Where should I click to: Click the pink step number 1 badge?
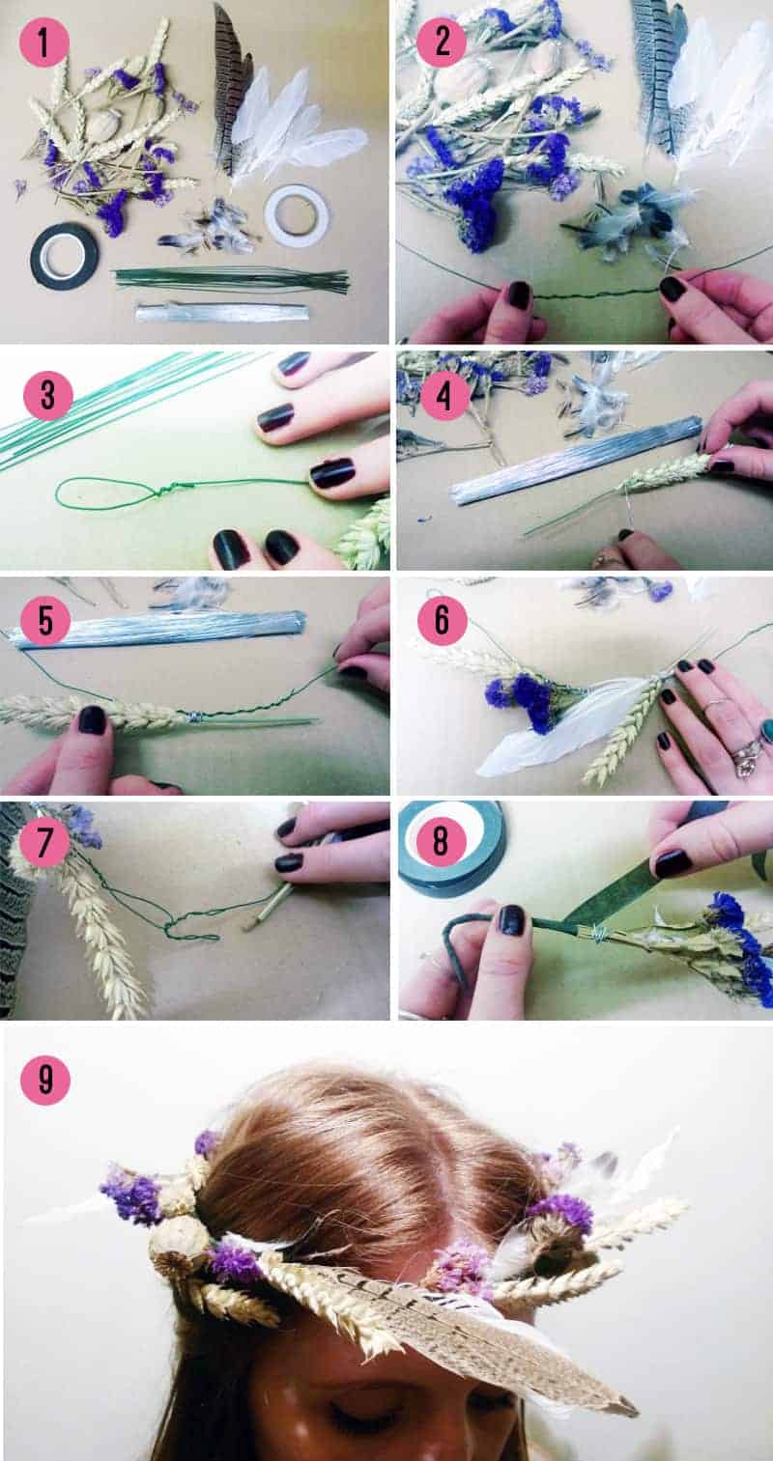[x=43, y=42]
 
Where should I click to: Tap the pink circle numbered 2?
[x=442, y=42]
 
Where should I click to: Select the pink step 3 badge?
[x=47, y=395]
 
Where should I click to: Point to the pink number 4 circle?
[x=444, y=395]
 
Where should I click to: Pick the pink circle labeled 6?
[x=442, y=620]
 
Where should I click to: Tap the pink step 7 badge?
[x=43, y=843]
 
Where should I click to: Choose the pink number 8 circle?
[x=441, y=841]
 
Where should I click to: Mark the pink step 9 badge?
[x=45, y=1080]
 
